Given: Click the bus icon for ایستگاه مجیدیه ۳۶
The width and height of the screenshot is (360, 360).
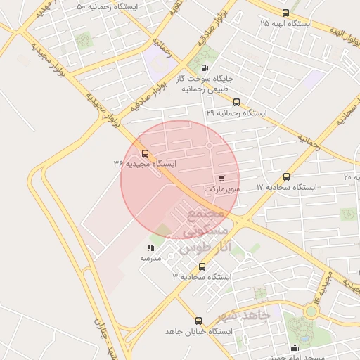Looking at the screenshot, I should click(146, 153).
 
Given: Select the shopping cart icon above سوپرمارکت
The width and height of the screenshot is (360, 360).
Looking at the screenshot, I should click(222, 179).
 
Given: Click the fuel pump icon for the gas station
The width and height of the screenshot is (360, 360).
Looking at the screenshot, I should click(205, 68).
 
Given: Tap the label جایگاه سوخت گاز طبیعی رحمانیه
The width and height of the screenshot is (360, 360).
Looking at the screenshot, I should click(205, 84).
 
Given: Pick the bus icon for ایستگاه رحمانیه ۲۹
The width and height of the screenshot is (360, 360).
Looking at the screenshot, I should click(236, 102).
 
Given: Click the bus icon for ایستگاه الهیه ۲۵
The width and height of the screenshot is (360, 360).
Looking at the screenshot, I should click(285, 13).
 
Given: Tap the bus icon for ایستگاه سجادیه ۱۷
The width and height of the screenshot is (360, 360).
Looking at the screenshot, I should click(286, 176).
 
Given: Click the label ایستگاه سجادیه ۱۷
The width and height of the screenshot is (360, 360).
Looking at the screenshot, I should click(286, 188).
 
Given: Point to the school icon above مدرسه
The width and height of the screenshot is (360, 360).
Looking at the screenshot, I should click(150, 247).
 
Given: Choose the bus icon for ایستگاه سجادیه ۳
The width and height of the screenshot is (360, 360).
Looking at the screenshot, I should click(202, 266).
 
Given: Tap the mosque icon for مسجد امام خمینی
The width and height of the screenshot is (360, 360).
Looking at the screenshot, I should click(295, 348).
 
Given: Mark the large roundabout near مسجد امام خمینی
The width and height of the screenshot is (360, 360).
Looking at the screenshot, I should click(311, 311).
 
